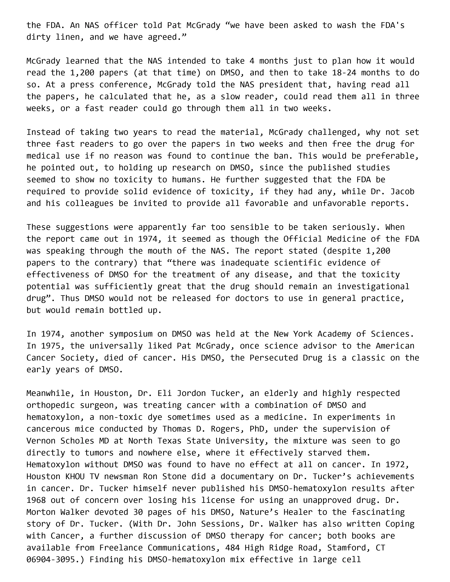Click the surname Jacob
402,192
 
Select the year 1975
51,346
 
